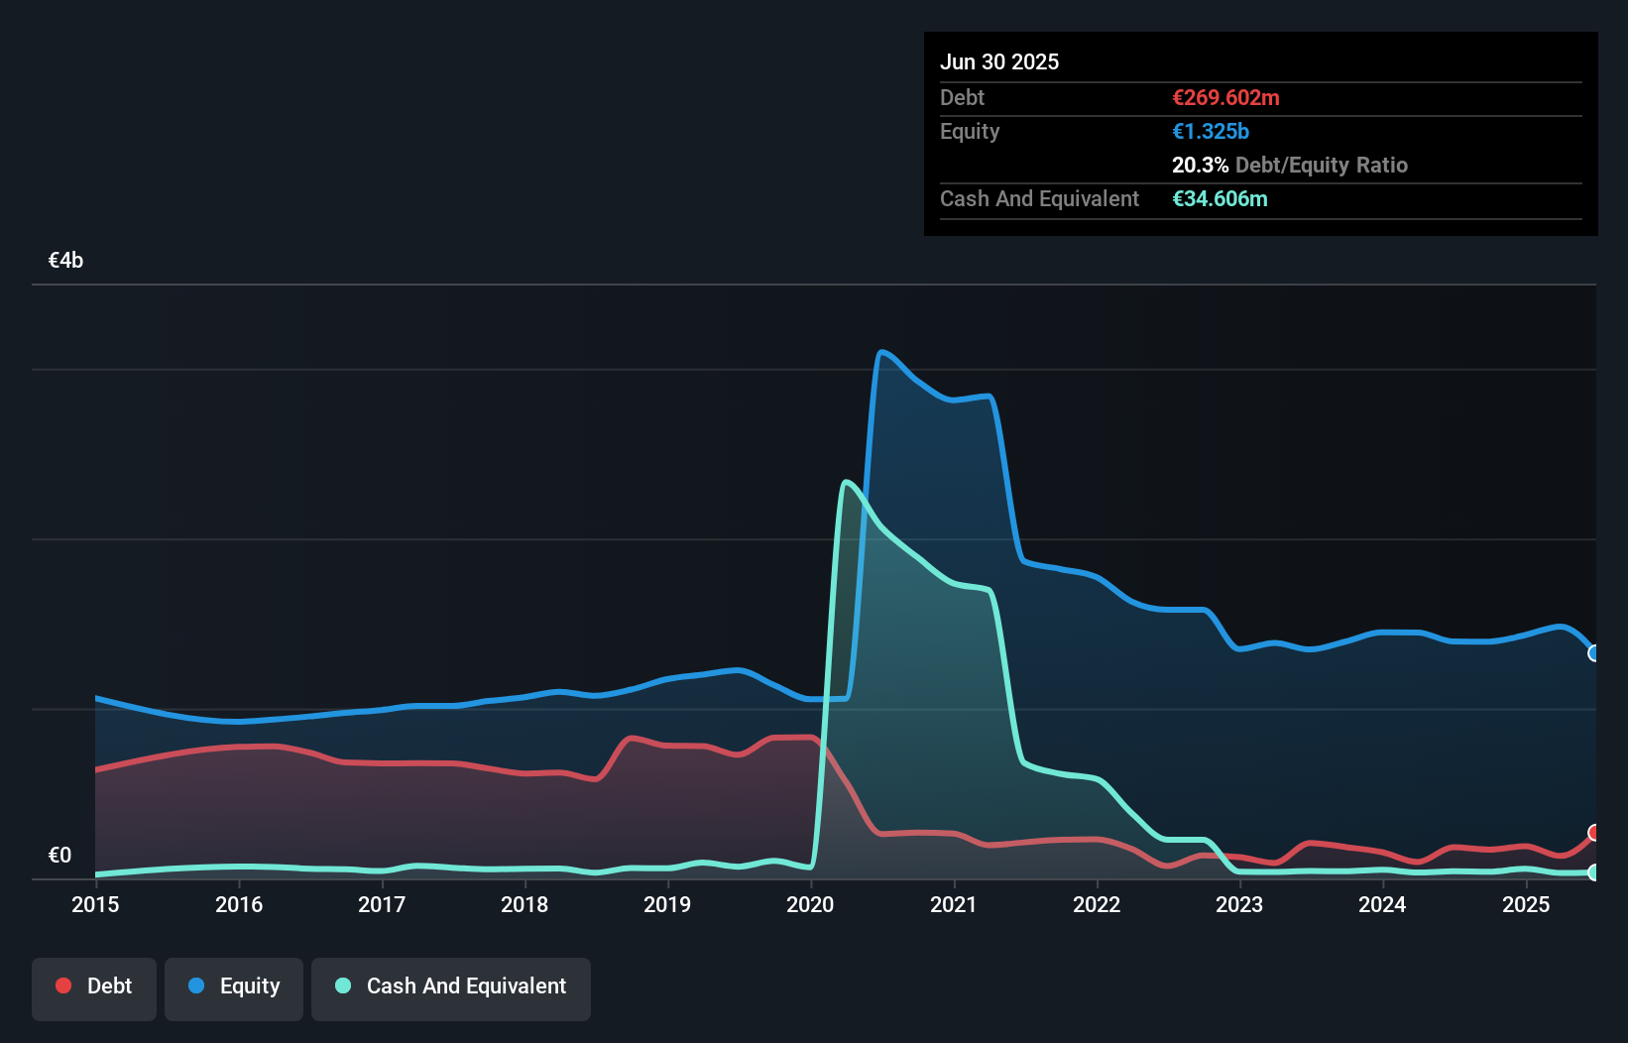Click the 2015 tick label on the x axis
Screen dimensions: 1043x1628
click(x=95, y=904)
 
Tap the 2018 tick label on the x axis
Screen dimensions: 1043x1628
click(x=524, y=904)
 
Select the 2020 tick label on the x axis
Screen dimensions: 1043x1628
click(x=810, y=904)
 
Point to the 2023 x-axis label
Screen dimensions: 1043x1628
click(x=1239, y=904)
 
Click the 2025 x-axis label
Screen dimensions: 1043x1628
click(x=1526, y=904)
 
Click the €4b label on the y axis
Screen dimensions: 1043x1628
click(x=65, y=261)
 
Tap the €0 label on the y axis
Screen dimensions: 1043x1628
click(x=59, y=855)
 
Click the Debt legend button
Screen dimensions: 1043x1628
click(x=94, y=986)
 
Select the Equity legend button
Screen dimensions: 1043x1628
click(x=234, y=986)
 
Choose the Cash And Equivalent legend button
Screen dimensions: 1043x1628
click(x=451, y=986)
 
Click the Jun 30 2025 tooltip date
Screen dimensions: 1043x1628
click(x=999, y=61)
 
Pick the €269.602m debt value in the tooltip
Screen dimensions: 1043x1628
click(x=1225, y=97)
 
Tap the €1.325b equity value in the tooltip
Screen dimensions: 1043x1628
click(x=1211, y=131)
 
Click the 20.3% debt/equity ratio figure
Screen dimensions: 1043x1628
click(x=1200, y=165)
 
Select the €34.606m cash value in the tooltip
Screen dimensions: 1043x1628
click(x=1220, y=198)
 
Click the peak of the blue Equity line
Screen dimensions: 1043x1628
click(x=881, y=352)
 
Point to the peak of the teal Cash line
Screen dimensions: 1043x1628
click(x=845, y=482)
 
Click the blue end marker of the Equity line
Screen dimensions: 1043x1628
click(x=1594, y=653)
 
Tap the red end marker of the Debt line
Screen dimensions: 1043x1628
click(x=1594, y=833)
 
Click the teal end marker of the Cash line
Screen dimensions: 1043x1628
click(x=1594, y=873)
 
